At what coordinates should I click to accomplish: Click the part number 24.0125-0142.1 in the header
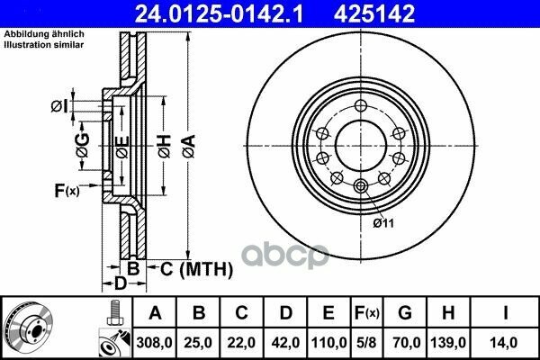pos(219,14)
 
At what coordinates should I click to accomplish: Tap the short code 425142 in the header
pos(374,14)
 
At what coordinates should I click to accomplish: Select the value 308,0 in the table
pos(154,343)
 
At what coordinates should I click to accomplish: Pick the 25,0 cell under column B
pos(198,343)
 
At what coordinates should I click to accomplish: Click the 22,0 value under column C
pos(241,343)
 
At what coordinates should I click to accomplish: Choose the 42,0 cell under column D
pos(285,343)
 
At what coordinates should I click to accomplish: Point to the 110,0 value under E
pos(328,343)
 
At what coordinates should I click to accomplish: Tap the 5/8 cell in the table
pos(366,343)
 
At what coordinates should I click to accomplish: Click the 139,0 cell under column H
pos(448,343)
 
